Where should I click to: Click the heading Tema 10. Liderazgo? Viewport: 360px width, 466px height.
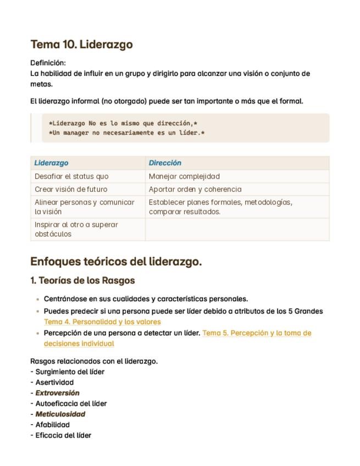click(81, 45)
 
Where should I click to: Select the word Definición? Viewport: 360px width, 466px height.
click(48, 63)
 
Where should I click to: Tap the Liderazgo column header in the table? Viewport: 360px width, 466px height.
click(52, 163)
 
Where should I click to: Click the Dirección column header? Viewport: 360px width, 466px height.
click(165, 163)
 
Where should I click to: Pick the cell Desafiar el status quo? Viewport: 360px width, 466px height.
click(71, 176)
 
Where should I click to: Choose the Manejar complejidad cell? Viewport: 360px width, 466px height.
click(184, 176)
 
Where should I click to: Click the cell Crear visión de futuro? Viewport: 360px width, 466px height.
click(71, 189)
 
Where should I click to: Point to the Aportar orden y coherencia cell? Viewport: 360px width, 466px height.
click(195, 189)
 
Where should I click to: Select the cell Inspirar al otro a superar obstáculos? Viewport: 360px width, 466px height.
click(76, 229)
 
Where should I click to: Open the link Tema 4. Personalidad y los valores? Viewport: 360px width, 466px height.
click(102, 322)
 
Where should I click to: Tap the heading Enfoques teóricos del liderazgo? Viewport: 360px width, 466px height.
click(116, 262)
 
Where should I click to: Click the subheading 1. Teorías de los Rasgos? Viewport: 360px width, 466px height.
click(82, 281)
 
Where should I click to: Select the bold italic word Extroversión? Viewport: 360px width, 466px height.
click(57, 393)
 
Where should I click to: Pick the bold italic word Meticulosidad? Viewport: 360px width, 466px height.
click(60, 414)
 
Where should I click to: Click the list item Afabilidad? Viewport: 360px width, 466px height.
click(53, 424)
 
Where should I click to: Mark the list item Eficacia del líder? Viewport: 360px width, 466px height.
click(63, 435)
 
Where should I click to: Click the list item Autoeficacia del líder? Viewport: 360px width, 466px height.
click(71, 403)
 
